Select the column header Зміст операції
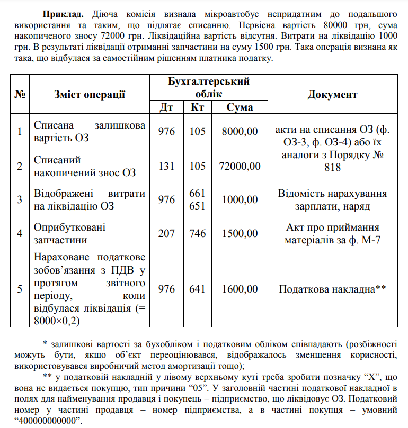point(90,94)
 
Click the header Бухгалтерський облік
point(208,87)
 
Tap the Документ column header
point(332,94)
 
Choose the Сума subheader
point(240,107)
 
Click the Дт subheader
point(166,107)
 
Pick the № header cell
point(20,94)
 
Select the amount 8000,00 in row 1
point(240,131)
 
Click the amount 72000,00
point(240,166)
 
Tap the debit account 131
point(166,166)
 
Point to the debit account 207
point(166,233)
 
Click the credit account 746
point(198,233)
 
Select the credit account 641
point(198,289)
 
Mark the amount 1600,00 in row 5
point(240,289)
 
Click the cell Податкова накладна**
point(332,289)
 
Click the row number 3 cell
point(20,199)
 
